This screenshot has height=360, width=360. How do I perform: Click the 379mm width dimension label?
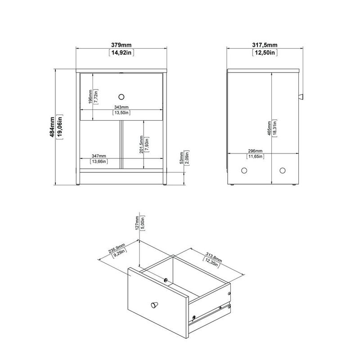121,45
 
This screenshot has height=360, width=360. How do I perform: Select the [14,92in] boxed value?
121,53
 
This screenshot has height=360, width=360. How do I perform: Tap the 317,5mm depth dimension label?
265,45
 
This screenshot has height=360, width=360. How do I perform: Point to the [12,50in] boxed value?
265,53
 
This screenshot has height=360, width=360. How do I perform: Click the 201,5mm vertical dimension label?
141,145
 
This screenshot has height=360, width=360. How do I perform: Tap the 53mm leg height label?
181,159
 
